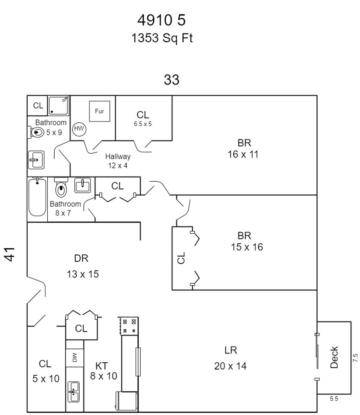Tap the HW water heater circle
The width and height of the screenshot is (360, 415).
79,129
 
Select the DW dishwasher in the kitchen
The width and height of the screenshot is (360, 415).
75,357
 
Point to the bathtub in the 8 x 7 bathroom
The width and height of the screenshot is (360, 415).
37,196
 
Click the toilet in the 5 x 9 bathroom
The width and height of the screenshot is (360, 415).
37,133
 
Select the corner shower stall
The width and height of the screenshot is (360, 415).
59,105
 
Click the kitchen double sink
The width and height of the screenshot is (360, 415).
73,392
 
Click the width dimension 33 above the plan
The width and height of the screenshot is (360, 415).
172,80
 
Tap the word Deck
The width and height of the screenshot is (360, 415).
334,357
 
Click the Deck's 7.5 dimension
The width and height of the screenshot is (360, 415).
355,358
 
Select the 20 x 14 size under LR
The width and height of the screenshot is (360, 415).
230,366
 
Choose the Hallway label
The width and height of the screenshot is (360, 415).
118,156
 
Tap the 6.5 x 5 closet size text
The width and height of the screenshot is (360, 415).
143,124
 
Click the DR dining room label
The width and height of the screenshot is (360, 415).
82,258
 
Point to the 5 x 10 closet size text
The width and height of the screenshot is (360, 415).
46,379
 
